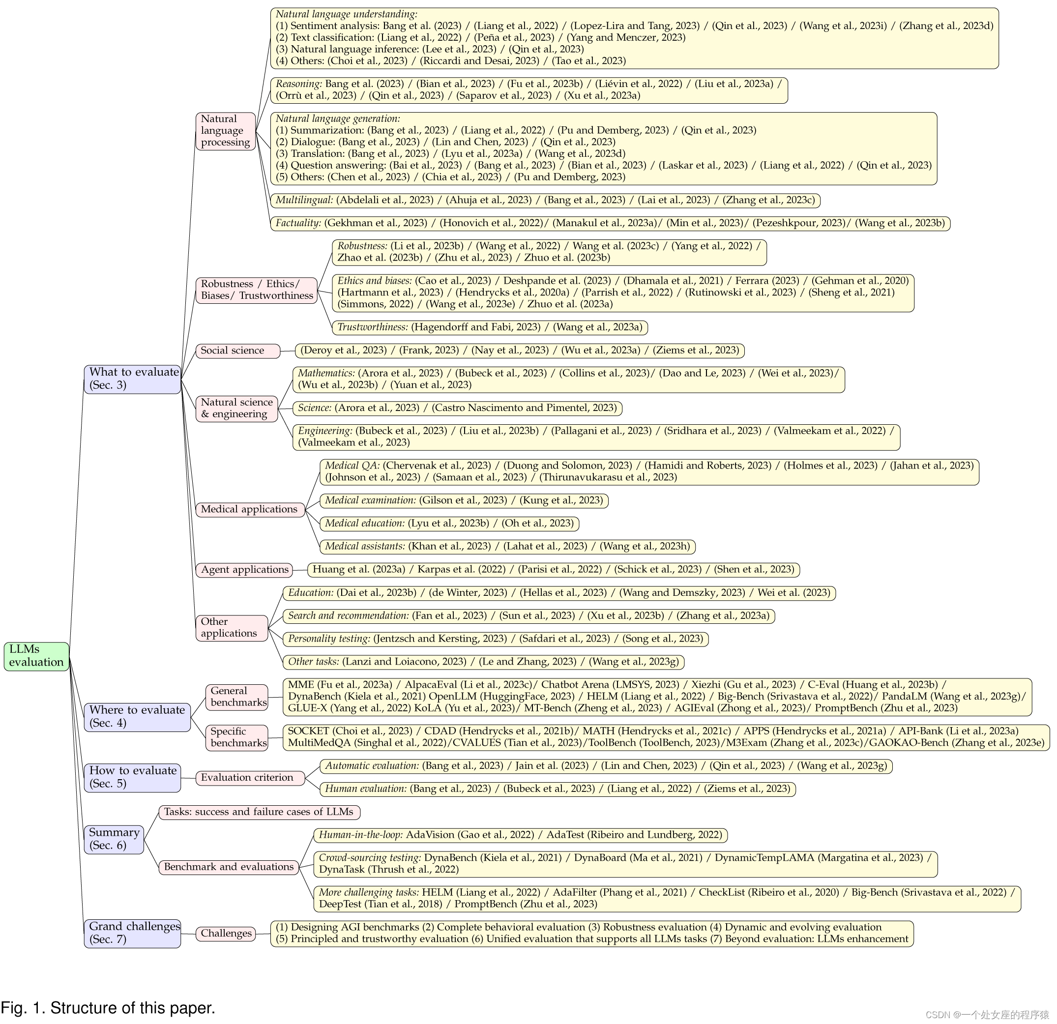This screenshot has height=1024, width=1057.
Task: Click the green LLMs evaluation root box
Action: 36,656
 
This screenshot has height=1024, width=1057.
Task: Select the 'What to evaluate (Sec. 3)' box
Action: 132,379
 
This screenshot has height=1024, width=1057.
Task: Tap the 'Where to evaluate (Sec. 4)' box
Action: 137,717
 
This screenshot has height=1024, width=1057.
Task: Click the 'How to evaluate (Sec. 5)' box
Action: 132,777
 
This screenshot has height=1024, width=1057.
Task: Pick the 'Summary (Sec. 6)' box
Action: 114,839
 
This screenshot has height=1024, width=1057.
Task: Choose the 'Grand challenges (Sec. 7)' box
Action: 132,933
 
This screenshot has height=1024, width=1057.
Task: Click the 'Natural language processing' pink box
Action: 226,130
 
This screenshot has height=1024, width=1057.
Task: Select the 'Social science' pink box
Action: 237,351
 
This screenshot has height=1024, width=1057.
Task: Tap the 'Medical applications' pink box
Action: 250,509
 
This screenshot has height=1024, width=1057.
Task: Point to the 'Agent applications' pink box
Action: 244,569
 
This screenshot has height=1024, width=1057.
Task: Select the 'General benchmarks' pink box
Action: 237,697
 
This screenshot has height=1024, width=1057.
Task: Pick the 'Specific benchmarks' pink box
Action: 237,737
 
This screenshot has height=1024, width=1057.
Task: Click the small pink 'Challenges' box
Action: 226,934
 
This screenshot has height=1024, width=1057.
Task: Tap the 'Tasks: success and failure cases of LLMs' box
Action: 259,812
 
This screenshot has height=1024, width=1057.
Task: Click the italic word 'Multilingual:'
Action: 304,200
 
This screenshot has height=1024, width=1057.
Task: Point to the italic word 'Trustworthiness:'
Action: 373,327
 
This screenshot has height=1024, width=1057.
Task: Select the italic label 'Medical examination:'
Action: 370,500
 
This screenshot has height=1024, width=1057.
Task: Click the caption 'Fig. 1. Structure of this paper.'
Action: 108,1007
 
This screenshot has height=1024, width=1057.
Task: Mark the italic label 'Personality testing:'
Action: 329,639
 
